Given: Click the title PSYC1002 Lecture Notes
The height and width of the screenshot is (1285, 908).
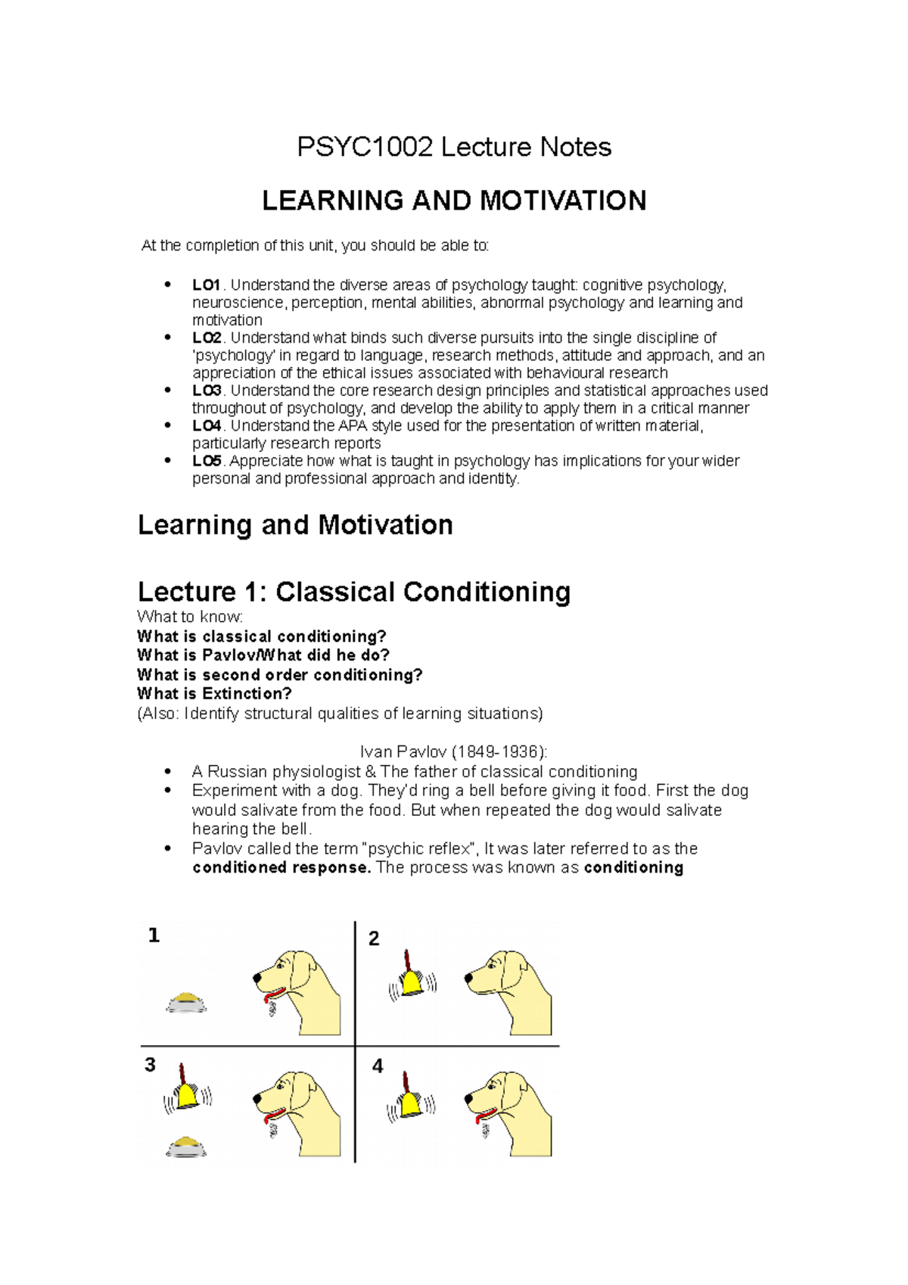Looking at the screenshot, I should click(x=453, y=147).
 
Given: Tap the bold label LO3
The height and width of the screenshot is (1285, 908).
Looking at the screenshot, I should click(x=207, y=390).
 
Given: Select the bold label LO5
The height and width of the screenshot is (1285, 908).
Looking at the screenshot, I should click(x=207, y=461).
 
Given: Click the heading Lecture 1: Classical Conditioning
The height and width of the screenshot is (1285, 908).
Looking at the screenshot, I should click(x=353, y=592).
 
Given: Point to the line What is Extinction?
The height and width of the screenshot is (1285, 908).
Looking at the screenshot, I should click(x=214, y=694).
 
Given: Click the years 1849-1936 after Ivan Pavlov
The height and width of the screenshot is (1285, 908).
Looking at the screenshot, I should click(x=498, y=752).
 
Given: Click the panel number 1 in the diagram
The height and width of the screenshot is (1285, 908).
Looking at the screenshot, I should click(x=154, y=936).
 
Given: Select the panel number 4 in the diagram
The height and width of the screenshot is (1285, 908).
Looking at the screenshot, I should click(x=378, y=1066).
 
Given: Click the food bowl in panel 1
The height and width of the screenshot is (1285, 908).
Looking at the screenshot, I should click(x=186, y=1003).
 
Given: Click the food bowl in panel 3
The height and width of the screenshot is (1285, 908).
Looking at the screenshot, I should click(x=186, y=1147).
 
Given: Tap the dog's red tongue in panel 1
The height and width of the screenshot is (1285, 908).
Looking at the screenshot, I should click(x=272, y=993).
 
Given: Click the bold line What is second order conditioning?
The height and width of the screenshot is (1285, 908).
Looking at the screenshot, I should click(x=279, y=675).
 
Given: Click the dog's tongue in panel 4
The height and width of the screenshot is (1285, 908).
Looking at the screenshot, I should click(x=483, y=1116).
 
